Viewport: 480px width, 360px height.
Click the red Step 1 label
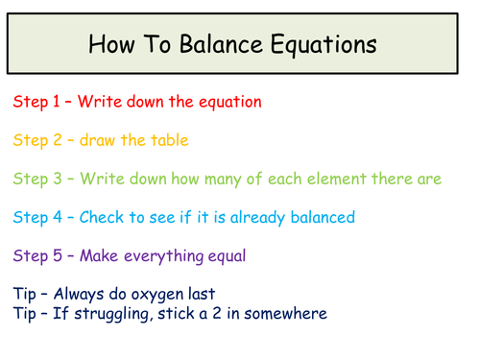[x=36, y=101]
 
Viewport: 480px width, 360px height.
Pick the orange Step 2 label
[x=36, y=139]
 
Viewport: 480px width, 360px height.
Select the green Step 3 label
[x=36, y=179]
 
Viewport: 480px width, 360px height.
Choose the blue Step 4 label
[x=36, y=217]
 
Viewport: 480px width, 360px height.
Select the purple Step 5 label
[x=36, y=255]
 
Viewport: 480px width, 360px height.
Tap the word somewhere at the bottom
[x=288, y=314]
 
